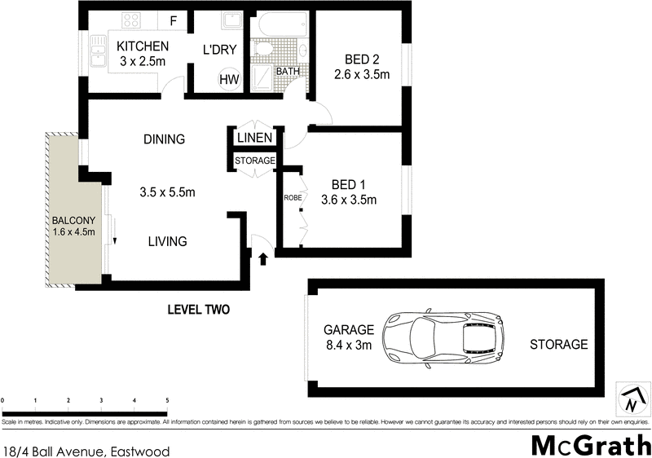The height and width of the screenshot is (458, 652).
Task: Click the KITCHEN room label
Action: click(143, 46)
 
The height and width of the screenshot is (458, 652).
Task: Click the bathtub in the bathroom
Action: click(280, 25)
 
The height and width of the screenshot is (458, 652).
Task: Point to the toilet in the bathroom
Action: click(263, 51)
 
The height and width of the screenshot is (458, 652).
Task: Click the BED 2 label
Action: click(361, 58)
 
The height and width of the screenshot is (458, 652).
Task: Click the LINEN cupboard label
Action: click(255, 139)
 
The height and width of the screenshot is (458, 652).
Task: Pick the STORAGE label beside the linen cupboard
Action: click(255, 161)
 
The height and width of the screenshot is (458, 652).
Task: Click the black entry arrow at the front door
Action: click(263, 259)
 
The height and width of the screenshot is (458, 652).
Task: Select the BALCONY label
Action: click(75, 221)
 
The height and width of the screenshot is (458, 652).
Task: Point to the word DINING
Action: click(164, 139)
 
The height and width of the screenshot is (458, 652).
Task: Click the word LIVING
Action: click(167, 241)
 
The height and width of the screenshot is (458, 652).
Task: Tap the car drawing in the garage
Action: click(443, 340)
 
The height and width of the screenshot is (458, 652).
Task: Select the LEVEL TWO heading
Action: click(198, 310)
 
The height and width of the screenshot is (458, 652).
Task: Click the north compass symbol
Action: click(632, 399)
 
